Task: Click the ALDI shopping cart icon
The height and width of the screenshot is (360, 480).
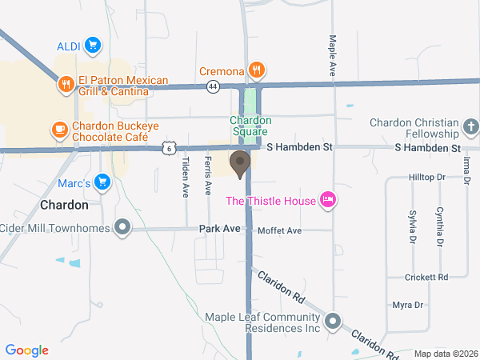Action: click(93, 45)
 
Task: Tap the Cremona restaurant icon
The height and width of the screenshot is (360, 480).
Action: click(256, 70)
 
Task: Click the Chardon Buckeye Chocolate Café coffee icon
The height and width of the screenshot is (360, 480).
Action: click(59, 129)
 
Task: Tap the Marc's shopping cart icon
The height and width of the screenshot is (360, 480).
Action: click(102, 182)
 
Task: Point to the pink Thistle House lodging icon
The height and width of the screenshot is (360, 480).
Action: click(326, 200)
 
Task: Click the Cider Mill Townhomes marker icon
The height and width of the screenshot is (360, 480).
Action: click(122, 229)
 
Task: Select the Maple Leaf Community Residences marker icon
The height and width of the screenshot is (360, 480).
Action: click(333, 322)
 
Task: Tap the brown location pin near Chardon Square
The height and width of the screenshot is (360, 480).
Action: click(239, 163)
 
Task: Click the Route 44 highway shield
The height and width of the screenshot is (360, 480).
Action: click(211, 85)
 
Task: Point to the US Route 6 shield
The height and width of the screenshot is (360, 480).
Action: click(167, 147)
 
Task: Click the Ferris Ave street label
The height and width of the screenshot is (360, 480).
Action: click(208, 176)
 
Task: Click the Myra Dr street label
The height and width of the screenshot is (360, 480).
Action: click(407, 306)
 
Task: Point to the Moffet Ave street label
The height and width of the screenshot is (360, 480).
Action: click(279, 231)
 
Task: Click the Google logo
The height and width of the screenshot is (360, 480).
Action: click(27, 350)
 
